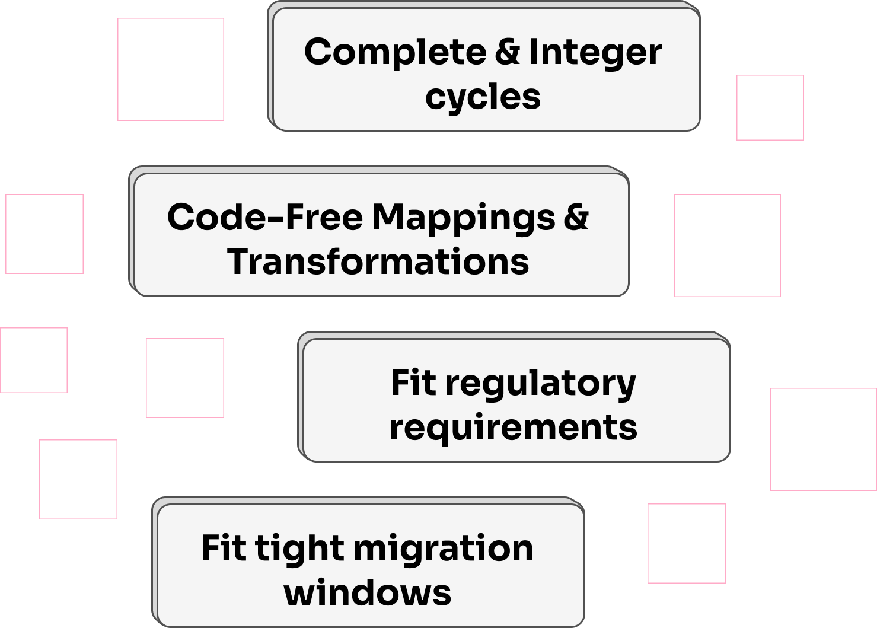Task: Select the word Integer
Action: click(595, 53)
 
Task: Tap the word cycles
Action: click(483, 97)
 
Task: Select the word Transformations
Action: click(378, 262)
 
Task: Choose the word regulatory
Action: click(541, 384)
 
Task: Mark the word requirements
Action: click(513, 428)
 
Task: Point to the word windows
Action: click(368, 593)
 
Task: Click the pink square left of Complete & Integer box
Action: click(171, 69)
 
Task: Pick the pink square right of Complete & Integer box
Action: click(770, 107)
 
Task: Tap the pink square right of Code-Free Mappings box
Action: click(727, 246)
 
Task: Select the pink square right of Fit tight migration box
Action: click(686, 543)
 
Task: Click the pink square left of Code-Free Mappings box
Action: click(44, 234)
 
